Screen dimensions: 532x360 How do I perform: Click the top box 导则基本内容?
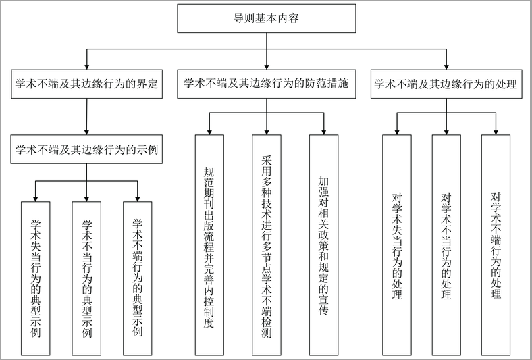(x=267, y=18)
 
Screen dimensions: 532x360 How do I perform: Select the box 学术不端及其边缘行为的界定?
(x=87, y=84)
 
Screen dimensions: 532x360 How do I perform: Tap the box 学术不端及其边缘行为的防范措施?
(x=267, y=84)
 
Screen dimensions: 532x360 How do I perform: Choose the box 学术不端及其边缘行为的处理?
(x=446, y=84)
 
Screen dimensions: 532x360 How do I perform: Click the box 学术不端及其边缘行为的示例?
(x=87, y=149)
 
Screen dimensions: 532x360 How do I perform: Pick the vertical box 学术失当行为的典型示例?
(x=36, y=278)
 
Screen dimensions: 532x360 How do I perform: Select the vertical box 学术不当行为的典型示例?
(x=86, y=278)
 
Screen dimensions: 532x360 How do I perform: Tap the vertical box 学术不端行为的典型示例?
(x=138, y=278)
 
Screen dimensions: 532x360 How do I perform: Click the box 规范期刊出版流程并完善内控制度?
(x=209, y=245)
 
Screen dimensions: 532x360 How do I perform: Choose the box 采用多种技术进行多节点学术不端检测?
(x=267, y=245)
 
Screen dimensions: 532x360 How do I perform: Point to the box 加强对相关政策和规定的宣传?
(x=323, y=245)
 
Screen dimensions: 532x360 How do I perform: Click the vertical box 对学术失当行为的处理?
(x=397, y=245)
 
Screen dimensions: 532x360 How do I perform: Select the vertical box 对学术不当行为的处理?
(x=446, y=245)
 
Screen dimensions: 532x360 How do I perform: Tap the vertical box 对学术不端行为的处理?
(x=496, y=245)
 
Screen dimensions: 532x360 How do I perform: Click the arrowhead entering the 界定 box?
(x=87, y=66)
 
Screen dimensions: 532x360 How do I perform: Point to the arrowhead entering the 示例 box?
(x=87, y=132)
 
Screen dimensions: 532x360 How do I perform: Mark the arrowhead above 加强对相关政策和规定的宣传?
(x=323, y=132)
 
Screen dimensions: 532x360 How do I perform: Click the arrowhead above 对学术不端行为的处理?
(x=496, y=132)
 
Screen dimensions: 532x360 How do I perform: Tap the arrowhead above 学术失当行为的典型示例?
(x=36, y=199)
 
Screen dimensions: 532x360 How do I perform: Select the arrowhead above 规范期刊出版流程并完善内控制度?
(x=209, y=132)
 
